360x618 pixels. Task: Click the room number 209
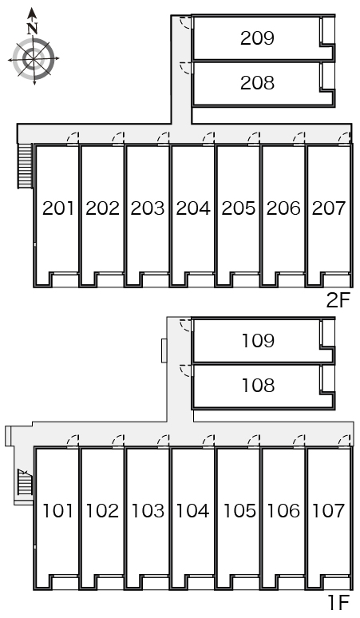pos(257,38)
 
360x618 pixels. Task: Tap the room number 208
pos(257,83)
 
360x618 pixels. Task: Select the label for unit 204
pos(193,208)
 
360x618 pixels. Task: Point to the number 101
pos(58,511)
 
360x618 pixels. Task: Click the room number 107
pos(329,511)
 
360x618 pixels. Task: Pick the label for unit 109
pos(258,340)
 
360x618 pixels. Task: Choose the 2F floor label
pos(338,301)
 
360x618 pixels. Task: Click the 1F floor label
pos(339,603)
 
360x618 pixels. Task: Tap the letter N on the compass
pos(32,29)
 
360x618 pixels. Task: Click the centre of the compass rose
pos(34,59)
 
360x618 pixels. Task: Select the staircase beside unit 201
pos(25,166)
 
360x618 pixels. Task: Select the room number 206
pos(283,208)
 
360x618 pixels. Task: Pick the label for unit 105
pos(239,511)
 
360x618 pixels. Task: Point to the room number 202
pos(102,208)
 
